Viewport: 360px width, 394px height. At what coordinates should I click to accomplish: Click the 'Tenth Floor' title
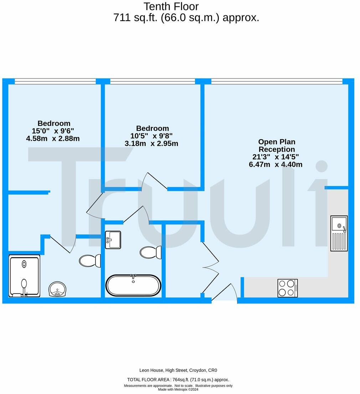click(x=171, y=6)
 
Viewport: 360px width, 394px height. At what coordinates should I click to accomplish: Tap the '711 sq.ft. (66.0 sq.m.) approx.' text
click(x=186, y=17)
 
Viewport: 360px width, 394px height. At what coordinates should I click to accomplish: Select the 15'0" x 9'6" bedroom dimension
click(x=53, y=131)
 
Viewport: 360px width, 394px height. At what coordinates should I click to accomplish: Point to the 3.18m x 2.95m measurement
click(x=151, y=144)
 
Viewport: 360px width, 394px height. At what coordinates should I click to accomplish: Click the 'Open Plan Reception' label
click(x=277, y=146)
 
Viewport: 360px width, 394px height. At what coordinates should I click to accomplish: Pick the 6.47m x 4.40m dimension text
click(x=276, y=165)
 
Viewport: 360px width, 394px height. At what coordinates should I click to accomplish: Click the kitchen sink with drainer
click(x=339, y=233)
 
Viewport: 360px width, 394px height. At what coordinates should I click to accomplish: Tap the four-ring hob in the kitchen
click(x=288, y=288)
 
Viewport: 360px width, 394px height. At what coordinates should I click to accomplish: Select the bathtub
click(x=133, y=285)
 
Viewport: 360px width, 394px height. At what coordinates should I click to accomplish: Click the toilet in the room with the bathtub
click(x=150, y=252)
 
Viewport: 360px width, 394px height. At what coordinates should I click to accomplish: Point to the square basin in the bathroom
click(x=113, y=240)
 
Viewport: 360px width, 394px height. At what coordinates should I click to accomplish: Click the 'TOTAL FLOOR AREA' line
click(x=178, y=380)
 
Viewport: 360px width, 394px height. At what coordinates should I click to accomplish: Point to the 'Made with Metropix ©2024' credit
click(x=178, y=389)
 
